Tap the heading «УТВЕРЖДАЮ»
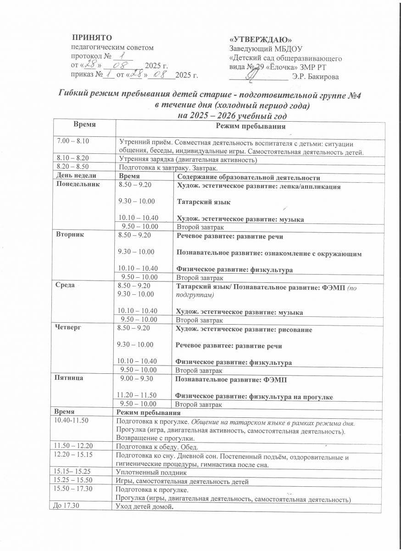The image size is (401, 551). [x=260, y=40]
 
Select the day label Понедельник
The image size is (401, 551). [x=76, y=185]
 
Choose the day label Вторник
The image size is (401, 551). [x=69, y=235]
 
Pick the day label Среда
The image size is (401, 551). [x=65, y=285]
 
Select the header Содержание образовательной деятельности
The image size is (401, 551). [x=248, y=177]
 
